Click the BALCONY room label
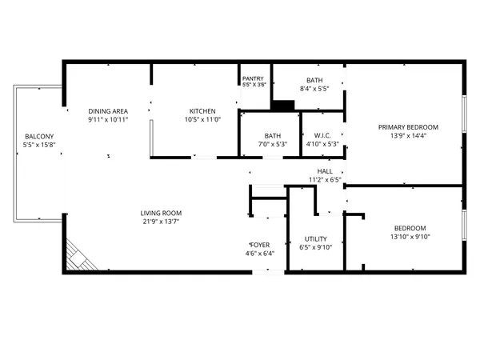coord(39,136)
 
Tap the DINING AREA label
coord(108,110)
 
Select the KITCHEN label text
coord(202,110)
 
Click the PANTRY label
coord(253,78)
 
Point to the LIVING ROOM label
coord(161,213)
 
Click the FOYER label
coord(260,245)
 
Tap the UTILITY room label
coord(315,238)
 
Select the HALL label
coord(325,171)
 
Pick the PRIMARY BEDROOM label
coord(409,127)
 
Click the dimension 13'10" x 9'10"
coord(409,237)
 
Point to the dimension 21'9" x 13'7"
coord(161,222)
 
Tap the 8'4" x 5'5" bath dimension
coord(314,89)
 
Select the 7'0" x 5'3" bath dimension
coord(273,145)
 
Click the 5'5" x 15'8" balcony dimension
coord(39,146)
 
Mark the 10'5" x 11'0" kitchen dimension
coord(202,120)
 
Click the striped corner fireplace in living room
coord(78,257)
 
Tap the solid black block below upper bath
coord(282,104)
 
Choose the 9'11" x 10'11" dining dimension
coord(108,120)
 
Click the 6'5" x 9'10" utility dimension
coord(315,247)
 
